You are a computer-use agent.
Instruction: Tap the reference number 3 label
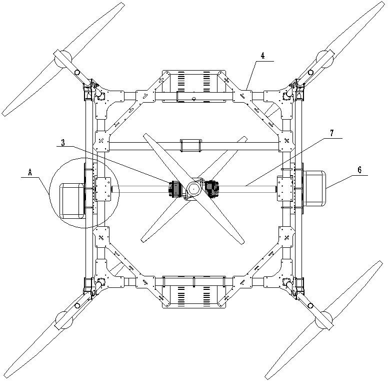62,143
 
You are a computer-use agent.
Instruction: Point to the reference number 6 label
359,170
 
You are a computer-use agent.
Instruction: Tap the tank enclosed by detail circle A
71,200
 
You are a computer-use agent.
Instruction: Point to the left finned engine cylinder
175,189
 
